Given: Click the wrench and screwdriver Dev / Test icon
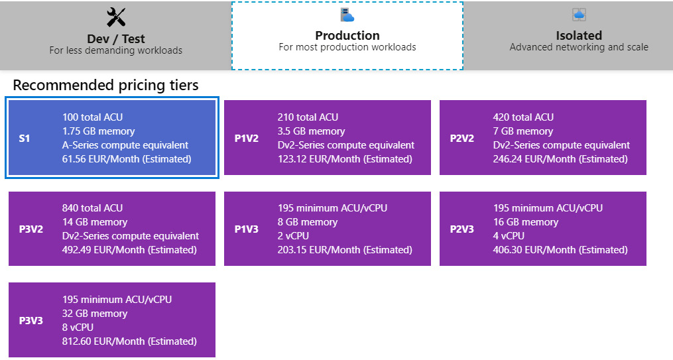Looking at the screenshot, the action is click(116, 17).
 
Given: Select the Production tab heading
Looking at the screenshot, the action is click(347, 35).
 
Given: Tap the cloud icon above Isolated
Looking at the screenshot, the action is click(579, 15).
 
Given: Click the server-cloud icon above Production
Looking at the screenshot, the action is click(347, 15).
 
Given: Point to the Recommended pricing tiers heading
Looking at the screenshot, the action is click(105, 85).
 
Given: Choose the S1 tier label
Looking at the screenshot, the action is click(25, 138).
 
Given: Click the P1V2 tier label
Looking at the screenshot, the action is click(247, 138).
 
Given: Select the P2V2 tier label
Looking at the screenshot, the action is click(462, 138).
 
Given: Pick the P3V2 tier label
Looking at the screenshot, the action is click(31, 229).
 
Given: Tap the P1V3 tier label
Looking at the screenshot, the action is click(247, 229).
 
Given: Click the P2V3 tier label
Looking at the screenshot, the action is click(462, 229).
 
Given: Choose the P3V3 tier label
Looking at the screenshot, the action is click(31, 320).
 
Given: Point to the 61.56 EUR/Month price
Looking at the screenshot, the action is click(127, 158).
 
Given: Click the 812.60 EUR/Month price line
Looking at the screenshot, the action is click(129, 341).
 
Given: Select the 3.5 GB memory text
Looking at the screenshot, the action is click(311, 131).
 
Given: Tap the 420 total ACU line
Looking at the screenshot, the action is click(523, 117).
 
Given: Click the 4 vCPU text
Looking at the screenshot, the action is click(509, 236).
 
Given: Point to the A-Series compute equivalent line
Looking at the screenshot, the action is click(125, 145).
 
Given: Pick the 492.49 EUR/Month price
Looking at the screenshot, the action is click(129, 250).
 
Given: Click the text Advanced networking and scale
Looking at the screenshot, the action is click(579, 47).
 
